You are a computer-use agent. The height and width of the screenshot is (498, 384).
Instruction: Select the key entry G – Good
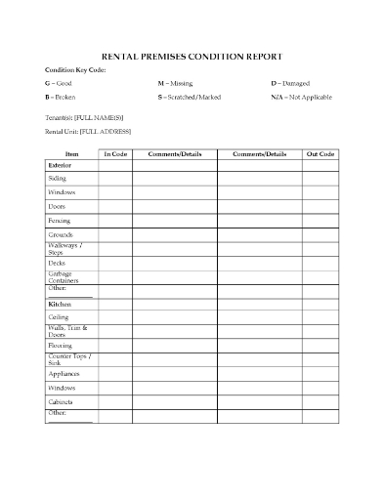[x=58, y=84]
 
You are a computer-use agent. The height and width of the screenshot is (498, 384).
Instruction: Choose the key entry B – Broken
[x=61, y=99]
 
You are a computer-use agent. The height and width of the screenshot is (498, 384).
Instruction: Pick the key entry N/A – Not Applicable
[x=304, y=99]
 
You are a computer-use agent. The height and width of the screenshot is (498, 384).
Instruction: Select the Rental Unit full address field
[x=88, y=132]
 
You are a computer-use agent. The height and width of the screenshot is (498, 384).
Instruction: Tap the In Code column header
[x=114, y=154]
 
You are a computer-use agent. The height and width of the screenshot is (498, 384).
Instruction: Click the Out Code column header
[x=320, y=154]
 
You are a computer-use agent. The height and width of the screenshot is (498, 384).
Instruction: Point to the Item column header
[x=71, y=154]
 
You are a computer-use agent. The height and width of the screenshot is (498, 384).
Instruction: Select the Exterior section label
[x=60, y=166]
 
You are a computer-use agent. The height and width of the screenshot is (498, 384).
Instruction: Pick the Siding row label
[x=58, y=180]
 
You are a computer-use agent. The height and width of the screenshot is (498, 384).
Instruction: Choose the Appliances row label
[x=64, y=373]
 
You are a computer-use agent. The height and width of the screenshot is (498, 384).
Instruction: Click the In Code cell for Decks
[x=114, y=263]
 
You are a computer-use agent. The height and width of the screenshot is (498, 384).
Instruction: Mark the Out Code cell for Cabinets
[x=320, y=401]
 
